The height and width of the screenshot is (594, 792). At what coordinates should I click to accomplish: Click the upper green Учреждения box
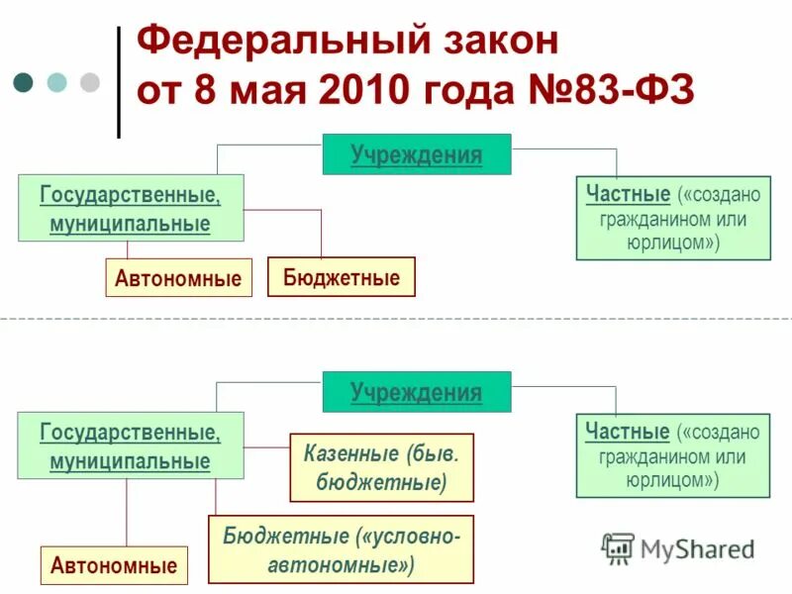pyautogui.click(x=417, y=154)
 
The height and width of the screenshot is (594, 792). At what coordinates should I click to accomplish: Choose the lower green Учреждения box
pyautogui.click(x=417, y=392)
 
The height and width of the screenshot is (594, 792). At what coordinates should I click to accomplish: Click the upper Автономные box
pyautogui.click(x=178, y=278)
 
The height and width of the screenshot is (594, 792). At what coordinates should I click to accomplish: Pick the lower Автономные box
pyautogui.click(x=114, y=566)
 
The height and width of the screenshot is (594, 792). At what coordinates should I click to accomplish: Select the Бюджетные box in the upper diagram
pyautogui.click(x=342, y=277)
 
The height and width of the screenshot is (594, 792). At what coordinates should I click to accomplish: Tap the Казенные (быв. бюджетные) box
pyautogui.click(x=381, y=468)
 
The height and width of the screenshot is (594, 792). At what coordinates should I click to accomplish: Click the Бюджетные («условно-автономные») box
pyautogui.click(x=341, y=549)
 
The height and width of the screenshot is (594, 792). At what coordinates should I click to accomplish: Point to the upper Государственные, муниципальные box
pyautogui.click(x=131, y=208)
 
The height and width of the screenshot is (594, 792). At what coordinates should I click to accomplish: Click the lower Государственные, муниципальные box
pyautogui.click(x=131, y=446)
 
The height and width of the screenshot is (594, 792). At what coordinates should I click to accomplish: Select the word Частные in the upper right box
pyautogui.click(x=628, y=193)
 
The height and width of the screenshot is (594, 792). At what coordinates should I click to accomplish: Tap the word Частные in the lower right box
pyautogui.click(x=628, y=432)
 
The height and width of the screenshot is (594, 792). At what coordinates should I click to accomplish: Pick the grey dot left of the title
pyautogui.click(x=90, y=81)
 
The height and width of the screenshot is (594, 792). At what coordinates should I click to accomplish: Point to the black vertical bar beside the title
pyautogui.click(x=119, y=81)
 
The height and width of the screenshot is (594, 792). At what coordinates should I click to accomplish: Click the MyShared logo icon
pyautogui.click(x=619, y=547)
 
